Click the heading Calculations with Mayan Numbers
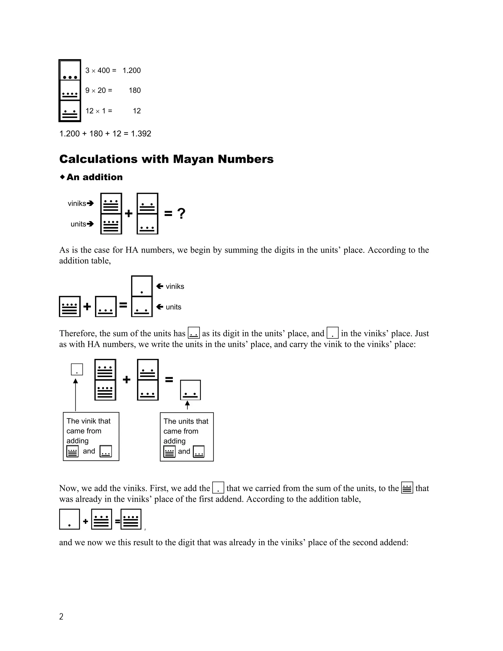[x=166, y=159]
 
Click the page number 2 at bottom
[x=61, y=616]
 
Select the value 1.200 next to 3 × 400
[x=131, y=71]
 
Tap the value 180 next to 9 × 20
[x=134, y=91]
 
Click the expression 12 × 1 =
[x=99, y=111]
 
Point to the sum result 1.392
[x=141, y=134]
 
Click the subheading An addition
[x=94, y=177]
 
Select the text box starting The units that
[x=187, y=437]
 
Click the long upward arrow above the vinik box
[x=76, y=395]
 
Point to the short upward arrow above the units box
[x=187, y=405]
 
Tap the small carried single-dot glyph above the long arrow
[x=77, y=370]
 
